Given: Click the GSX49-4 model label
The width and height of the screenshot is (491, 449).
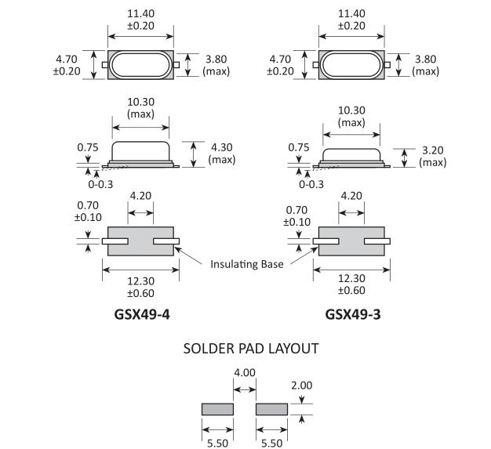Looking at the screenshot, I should [142, 316].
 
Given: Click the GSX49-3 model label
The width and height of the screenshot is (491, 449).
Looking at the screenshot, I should [354, 316].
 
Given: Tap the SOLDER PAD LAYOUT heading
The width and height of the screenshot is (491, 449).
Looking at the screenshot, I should [251, 348].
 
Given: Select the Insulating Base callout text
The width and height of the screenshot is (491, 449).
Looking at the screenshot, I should [246, 264].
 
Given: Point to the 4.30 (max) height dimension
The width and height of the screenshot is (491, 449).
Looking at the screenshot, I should [222, 153].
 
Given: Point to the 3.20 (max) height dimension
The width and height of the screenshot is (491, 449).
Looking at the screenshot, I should [432, 156].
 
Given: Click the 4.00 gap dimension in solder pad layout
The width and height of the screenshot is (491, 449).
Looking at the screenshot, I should [245, 374].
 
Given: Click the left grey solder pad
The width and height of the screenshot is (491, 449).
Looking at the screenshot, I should [218, 409].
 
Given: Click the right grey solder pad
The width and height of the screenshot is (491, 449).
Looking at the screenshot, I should [272, 409].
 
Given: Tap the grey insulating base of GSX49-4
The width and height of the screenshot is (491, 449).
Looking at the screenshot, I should [141, 241].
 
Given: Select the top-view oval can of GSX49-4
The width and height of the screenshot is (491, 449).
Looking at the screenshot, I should [141, 64].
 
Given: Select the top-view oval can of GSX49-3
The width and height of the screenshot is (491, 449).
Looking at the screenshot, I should [352, 64].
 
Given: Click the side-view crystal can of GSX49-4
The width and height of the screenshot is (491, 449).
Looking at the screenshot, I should [141, 151].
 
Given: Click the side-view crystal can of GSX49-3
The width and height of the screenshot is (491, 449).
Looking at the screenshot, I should [352, 154].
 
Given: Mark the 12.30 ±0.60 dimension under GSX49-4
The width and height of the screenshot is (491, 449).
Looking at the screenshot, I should [141, 286].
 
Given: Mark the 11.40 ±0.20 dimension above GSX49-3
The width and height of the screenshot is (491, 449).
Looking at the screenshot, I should [352, 20].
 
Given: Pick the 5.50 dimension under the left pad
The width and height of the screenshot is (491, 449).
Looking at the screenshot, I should [218, 442].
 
